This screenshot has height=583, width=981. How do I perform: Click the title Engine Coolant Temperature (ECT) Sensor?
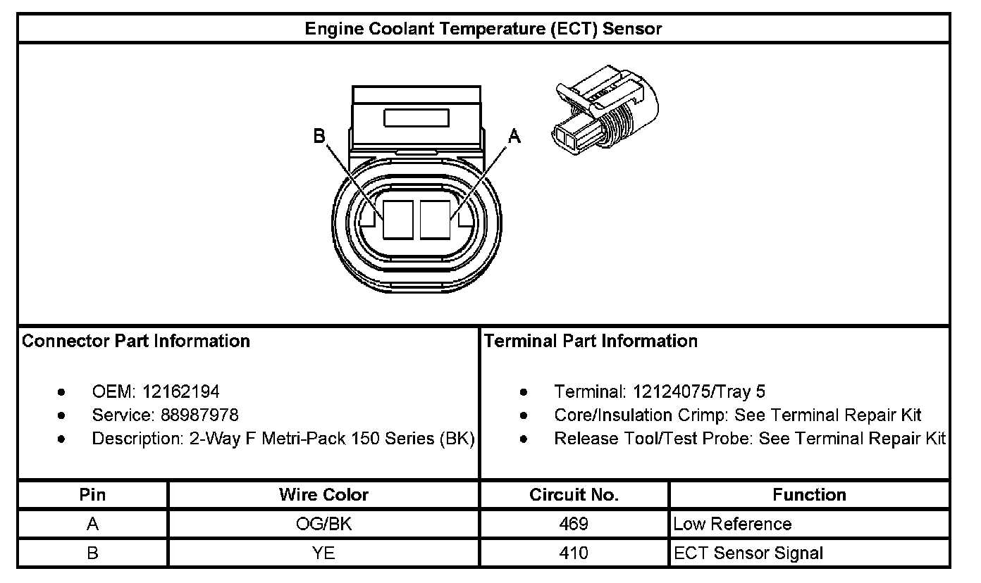483,29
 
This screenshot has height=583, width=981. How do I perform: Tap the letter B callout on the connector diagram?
319,136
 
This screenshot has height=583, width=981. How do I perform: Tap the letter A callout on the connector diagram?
514,136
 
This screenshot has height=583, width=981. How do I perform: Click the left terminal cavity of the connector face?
398,220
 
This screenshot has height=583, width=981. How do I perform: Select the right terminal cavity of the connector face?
435,220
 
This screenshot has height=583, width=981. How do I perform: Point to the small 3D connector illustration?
605,111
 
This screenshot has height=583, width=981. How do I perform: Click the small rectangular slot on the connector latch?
417,118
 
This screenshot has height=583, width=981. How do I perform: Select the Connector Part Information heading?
136,341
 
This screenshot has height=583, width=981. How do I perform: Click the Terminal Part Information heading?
591,341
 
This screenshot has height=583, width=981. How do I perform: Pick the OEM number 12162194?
181,391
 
